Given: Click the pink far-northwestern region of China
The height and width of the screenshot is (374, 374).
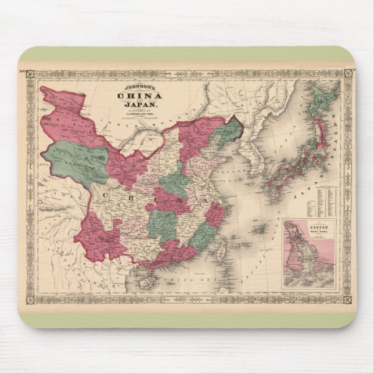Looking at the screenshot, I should tap(70, 110).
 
